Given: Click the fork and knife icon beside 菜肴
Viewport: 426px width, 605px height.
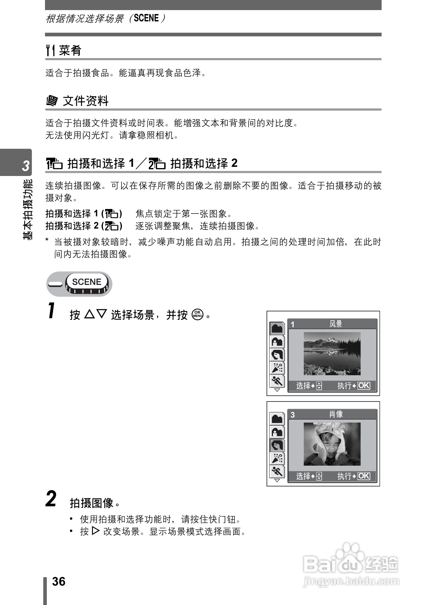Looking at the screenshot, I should [x=50, y=50].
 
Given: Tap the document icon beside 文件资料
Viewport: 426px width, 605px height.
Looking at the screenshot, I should [x=52, y=101].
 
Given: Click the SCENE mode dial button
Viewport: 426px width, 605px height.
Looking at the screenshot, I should [x=87, y=282].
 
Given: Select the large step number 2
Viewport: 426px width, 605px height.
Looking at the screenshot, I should [x=51, y=499].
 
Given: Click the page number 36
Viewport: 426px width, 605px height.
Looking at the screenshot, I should [x=59, y=581].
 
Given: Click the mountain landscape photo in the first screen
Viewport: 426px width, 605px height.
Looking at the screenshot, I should [x=332, y=354].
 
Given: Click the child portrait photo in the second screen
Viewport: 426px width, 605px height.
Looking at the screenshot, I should [x=332, y=444].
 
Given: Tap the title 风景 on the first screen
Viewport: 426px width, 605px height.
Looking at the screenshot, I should [x=336, y=324].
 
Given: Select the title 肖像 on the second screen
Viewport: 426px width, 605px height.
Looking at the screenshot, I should [x=336, y=414].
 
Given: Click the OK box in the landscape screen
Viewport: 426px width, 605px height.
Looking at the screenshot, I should [x=364, y=386].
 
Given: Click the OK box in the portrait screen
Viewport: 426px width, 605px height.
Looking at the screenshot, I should [x=364, y=476].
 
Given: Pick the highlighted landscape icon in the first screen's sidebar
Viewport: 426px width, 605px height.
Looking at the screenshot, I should [x=277, y=328].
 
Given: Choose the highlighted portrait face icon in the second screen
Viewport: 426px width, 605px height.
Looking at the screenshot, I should [x=277, y=445].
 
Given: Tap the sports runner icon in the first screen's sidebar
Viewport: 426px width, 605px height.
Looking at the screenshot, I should [x=277, y=381].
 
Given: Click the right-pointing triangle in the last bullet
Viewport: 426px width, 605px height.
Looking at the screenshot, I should [x=96, y=531].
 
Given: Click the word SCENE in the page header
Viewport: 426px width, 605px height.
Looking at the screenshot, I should [x=147, y=18].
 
